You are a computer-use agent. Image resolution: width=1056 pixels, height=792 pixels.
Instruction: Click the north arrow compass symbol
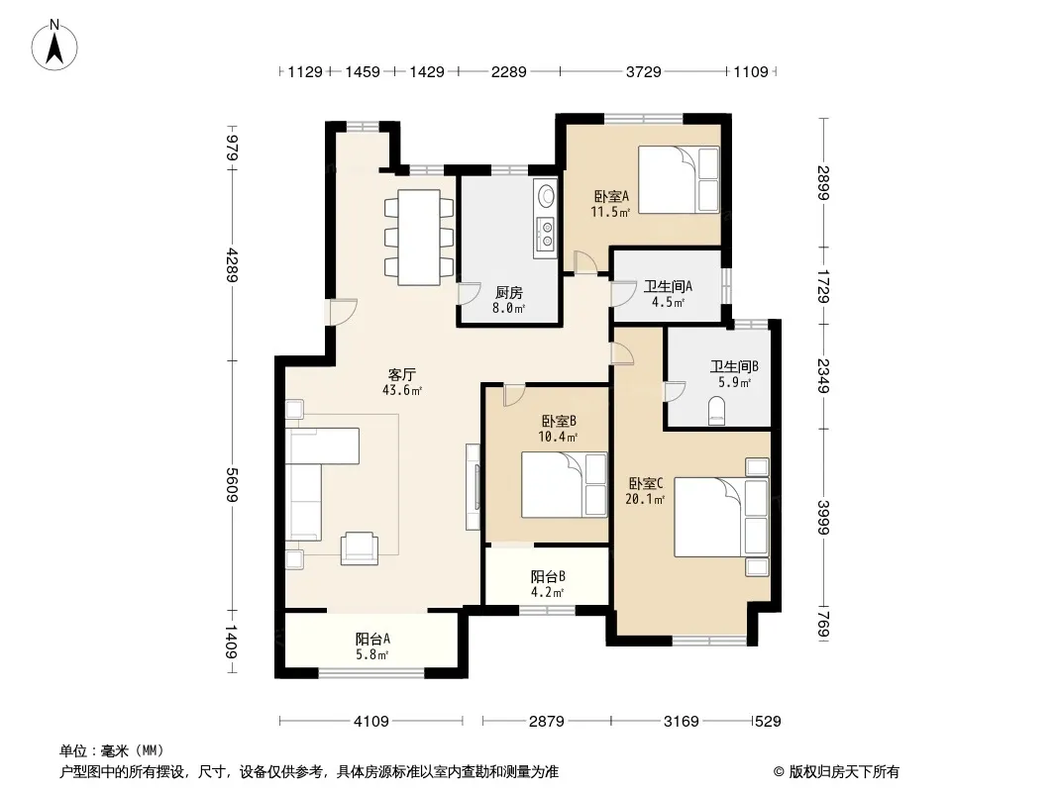pyautogui.click(x=54, y=46)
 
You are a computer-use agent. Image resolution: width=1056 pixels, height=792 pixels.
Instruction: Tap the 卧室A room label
pyautogui.click(x=611, y=196)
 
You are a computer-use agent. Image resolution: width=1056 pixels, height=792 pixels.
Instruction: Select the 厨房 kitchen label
pyautogui.click(x=508, y=293)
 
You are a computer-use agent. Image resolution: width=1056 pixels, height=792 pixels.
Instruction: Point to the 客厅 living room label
pyautogui.click(x=401, y=374)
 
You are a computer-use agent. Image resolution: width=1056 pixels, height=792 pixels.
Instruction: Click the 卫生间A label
pyautogui.click(x=668, y=286)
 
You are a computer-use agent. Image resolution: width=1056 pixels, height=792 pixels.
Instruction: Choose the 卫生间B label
pyautogui.click(x=734, y=366)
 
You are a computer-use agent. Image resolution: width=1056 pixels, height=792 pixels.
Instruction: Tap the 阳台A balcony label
pyautogui.click(x=372, y=639)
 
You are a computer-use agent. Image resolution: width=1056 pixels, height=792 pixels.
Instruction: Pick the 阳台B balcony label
pyautogui.click(x=548, y=576)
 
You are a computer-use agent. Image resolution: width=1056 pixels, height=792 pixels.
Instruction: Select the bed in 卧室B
pyautogui.click(x=565, y=484)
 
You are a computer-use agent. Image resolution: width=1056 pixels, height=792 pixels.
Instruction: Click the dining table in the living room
pyautogui.click(x=419, y=238)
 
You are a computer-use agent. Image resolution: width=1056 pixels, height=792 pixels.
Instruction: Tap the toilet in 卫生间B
pyautogui.click(x=717, y=411)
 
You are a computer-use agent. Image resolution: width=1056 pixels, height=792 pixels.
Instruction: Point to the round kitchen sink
pyautogui.click(x=546, y=196)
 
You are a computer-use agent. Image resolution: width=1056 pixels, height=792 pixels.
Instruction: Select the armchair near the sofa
pyautogui.click(x=359, y=547)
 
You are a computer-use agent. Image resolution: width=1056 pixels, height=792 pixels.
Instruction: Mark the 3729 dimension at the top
pyautogui.click(x=643, y=71)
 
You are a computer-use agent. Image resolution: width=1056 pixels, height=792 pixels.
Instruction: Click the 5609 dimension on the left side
pyautogui.click(x=232, y=484)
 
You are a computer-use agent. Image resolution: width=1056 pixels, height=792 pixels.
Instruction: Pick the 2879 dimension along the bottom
pyautogui.click(x=546, y=722)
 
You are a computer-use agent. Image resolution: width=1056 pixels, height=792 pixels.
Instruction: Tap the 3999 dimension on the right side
pyautogui.click(x=823, y=518)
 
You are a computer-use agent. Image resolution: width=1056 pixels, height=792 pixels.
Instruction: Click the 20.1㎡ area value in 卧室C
pyautogui.click(x=645, y=499)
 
